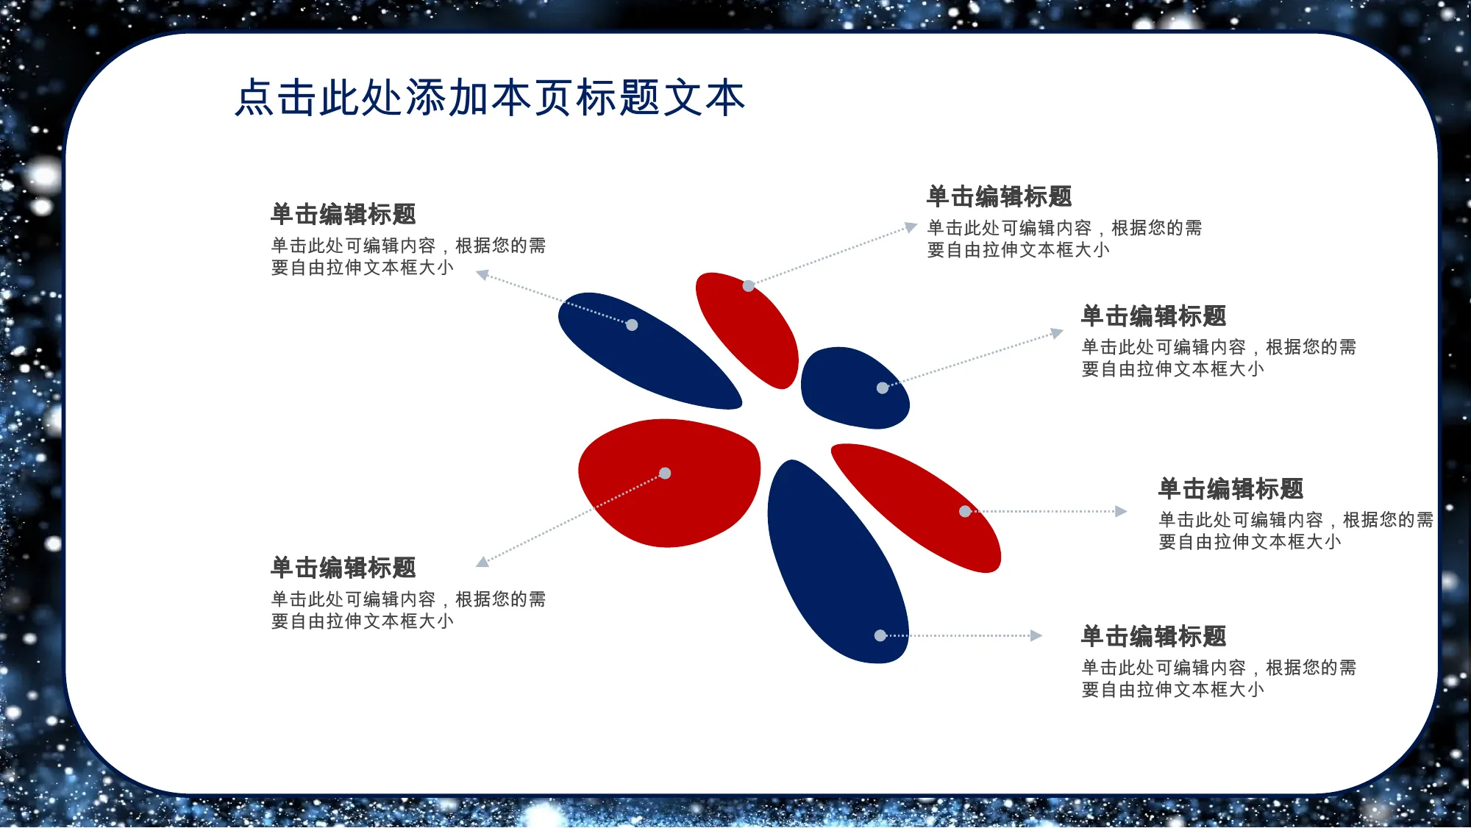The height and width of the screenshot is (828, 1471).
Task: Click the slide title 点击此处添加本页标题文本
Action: pos(490,98)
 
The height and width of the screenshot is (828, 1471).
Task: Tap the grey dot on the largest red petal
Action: pos(665,473)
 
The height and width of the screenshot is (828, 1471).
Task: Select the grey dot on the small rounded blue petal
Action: pos(883,388)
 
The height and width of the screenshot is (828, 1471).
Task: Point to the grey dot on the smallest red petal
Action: pos(748,285)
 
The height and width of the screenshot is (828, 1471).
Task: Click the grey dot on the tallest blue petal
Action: pos(880,635)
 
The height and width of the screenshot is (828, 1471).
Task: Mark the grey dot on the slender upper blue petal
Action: pos(632,325)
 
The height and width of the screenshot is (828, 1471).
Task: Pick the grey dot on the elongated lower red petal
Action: pos(965,511)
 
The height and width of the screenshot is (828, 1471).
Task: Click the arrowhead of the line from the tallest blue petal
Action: pos(1036,635)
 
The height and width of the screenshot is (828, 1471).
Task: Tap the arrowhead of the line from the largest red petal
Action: pos(482,563)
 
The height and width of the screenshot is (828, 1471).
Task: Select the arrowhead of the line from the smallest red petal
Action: pos(911,227)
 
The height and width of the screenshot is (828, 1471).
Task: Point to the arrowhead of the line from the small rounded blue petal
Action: pos(1057,333)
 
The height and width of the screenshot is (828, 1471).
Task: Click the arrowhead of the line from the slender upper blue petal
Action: pos(482,274)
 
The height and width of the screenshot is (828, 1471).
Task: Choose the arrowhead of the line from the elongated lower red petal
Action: pos(1121,511)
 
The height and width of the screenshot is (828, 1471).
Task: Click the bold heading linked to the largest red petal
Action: pos(343,568)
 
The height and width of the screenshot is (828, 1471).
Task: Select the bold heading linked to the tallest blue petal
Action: pos(1154,636)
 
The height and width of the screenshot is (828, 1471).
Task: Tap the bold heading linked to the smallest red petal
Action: pos(1000,196)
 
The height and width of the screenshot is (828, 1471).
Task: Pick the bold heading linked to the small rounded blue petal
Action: pos(1154,316)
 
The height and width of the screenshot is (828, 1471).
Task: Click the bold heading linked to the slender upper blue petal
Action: pos(343,214)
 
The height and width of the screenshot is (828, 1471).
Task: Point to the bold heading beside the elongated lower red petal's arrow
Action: pos(1231,489)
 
